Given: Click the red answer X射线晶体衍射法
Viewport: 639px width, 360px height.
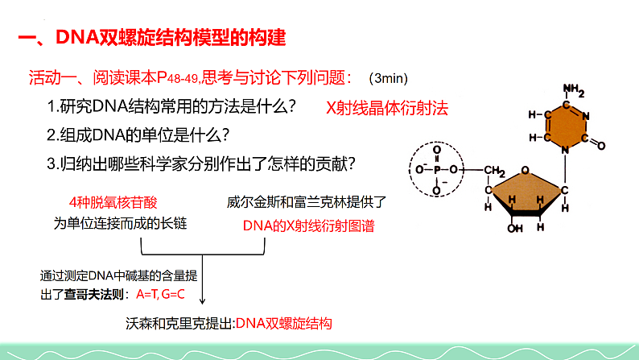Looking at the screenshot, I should click(x=386, y=107).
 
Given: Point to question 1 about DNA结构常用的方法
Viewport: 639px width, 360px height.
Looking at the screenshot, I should click(x=171, y=106).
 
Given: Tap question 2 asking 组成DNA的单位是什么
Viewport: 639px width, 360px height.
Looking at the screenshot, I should click(x=139, y=134).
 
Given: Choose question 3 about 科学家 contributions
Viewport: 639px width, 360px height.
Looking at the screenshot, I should click(x=202, y=163).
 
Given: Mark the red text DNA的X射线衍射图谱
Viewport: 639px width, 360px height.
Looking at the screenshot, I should click(x=302, y=225).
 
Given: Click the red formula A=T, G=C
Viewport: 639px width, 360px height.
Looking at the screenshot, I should click(x=161, y=294).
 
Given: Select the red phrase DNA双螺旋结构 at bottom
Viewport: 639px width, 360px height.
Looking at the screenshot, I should click(x=282, y=324).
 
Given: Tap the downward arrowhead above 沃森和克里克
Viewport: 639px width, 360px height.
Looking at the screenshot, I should click(x=201, y=303).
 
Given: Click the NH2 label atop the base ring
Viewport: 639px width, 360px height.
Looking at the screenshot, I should click(x=572, y=89).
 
